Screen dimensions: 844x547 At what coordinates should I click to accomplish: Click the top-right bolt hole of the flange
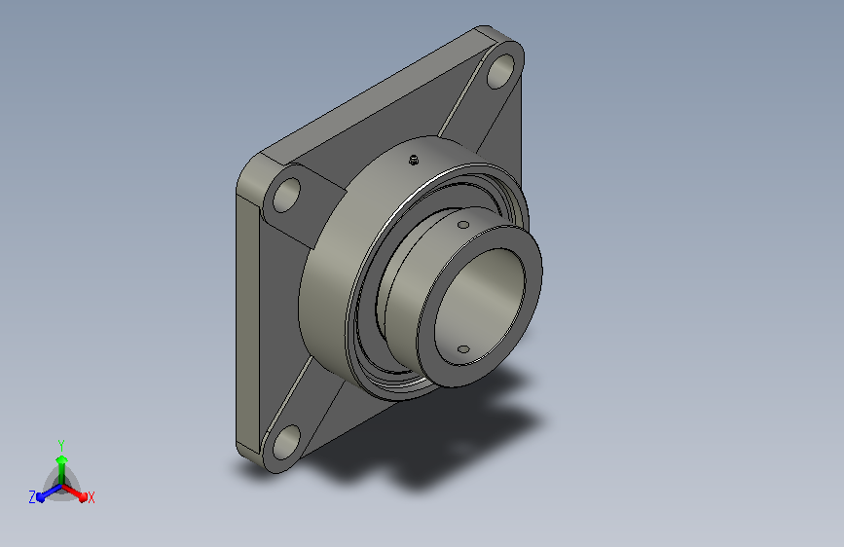(x=500, y=71)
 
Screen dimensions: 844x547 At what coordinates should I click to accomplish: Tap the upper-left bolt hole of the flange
(x=286, y=195)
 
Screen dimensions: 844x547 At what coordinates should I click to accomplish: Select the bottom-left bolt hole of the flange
(x=286, y=442)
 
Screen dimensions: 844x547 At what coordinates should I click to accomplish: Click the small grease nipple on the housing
(x=414, y=160)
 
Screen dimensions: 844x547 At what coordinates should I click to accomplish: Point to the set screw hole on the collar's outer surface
(x=463, y=225)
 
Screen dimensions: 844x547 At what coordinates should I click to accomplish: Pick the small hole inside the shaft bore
(x=463, y=349)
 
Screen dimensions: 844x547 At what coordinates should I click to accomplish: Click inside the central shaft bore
(x=479, y=305)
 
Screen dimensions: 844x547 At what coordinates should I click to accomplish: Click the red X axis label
(x=91, y=497)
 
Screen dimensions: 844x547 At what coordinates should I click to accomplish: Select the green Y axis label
(x=61, y=445)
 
